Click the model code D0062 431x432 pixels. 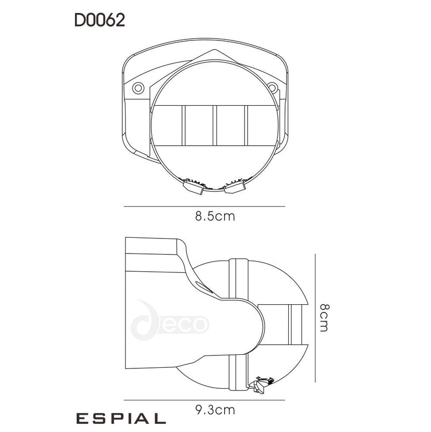(100, 20)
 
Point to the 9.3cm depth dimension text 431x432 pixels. (215, 410)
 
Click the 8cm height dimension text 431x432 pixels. (323, 317)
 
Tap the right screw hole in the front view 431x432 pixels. (273, 87)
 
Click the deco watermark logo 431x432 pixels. (172, 324)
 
